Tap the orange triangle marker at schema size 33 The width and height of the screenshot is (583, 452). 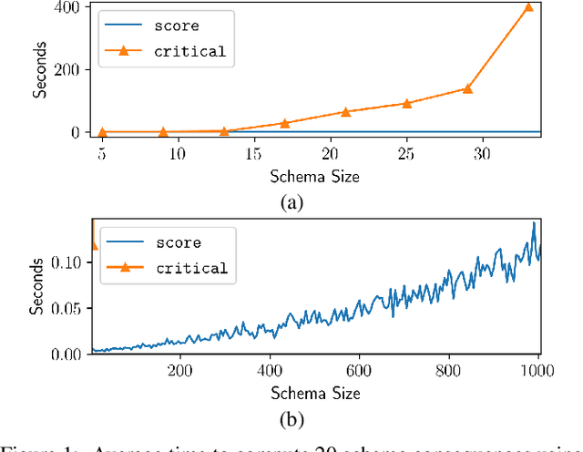click(x=528, y=7)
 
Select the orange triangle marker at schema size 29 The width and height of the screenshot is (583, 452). click(x=467, y=88)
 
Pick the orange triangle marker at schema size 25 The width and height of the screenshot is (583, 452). click(x=406, y=104)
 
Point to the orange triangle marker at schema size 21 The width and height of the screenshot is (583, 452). click(x=345, y=112)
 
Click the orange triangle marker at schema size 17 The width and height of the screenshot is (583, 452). click(x=284, y=123)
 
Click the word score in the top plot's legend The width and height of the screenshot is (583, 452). click(x=176, y=26)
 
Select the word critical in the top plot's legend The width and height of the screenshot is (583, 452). click(x=190, y=51)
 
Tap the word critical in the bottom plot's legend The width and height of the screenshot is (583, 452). click(x=190, y=268)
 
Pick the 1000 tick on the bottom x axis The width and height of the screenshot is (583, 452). click(x=537, y=371)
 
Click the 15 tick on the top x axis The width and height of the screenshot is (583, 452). click(x=254, y=153)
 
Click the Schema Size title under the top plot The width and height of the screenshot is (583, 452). click(x=314, y=176)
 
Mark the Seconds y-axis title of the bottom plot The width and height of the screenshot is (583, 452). click(x=36, y=290)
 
